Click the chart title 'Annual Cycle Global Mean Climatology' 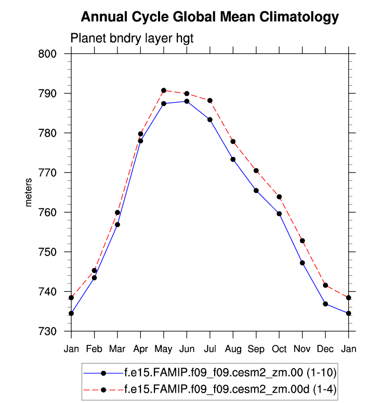(210, 17)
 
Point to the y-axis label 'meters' (29, 192)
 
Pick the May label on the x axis (164, 349)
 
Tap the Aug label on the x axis (233, 349)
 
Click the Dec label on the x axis (325, 349)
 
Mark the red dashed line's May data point (164, 90)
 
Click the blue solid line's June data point (187, 101)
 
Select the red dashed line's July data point (210, 100)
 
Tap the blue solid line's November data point (302, 263)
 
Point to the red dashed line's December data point (325, 285)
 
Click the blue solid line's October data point (279, 213)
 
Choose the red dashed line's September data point (256, 170)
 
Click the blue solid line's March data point (117, 224)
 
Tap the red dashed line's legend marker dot (103, 388)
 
